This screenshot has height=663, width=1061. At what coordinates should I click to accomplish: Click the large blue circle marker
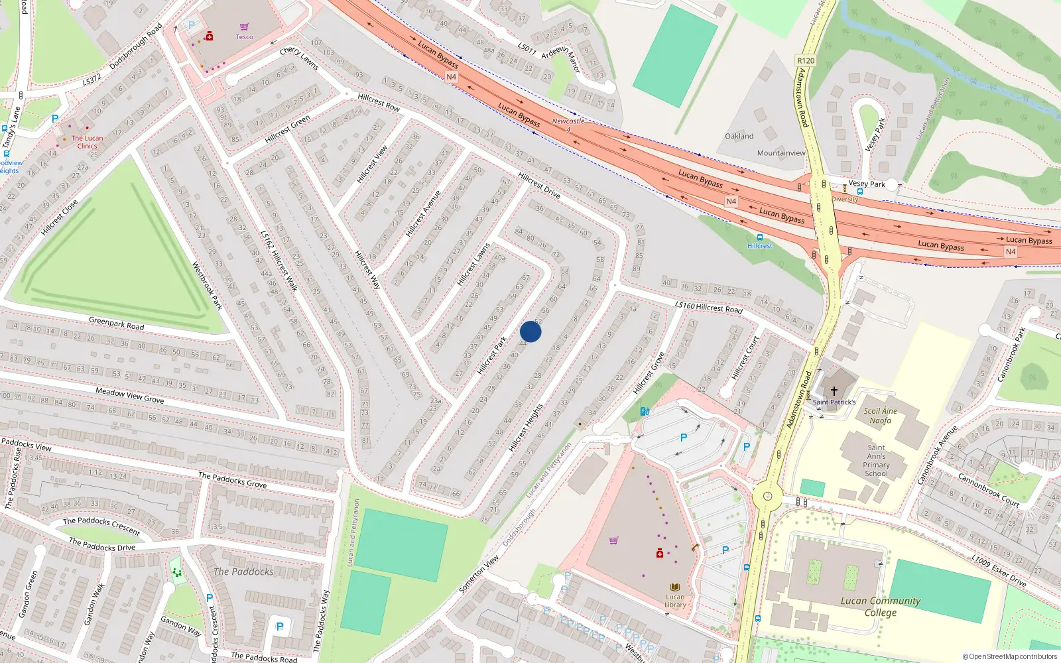pos(530,331)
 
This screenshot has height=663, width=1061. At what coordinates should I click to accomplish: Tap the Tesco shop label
pos(244,36)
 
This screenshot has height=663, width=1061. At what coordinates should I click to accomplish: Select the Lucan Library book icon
pos(675,587)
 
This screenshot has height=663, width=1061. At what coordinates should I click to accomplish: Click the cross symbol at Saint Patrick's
pos(834,391)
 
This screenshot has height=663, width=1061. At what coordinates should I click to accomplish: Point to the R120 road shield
pos(806,60)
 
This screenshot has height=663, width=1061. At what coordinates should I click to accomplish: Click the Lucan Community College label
pos(880,607)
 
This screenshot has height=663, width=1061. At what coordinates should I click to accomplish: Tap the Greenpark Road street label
pos(117,324)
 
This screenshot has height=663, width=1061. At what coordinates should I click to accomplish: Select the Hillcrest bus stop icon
pos(759,237)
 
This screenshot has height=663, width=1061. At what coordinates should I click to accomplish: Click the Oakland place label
pos(739,136)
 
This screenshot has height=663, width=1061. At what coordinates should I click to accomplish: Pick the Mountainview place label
pos(781,152)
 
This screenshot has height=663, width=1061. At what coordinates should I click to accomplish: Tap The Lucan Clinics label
pos(87,142)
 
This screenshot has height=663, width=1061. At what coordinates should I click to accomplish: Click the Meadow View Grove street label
pos(129,396)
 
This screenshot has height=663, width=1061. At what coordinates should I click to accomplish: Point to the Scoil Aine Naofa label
pos(880,416)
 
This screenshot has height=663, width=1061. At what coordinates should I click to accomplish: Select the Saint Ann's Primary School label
pos(876,460)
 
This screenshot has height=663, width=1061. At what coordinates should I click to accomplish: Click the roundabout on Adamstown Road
pos(767,495)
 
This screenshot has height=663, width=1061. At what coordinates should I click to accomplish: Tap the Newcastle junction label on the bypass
pos(568,121)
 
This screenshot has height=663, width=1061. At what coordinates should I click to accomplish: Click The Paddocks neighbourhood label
pos(243,572)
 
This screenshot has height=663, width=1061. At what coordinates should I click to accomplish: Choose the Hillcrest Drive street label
pos(539,186)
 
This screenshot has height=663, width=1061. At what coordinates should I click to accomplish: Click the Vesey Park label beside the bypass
pos(867,184)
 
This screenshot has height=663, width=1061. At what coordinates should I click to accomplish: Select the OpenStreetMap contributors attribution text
pos(1009,657)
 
